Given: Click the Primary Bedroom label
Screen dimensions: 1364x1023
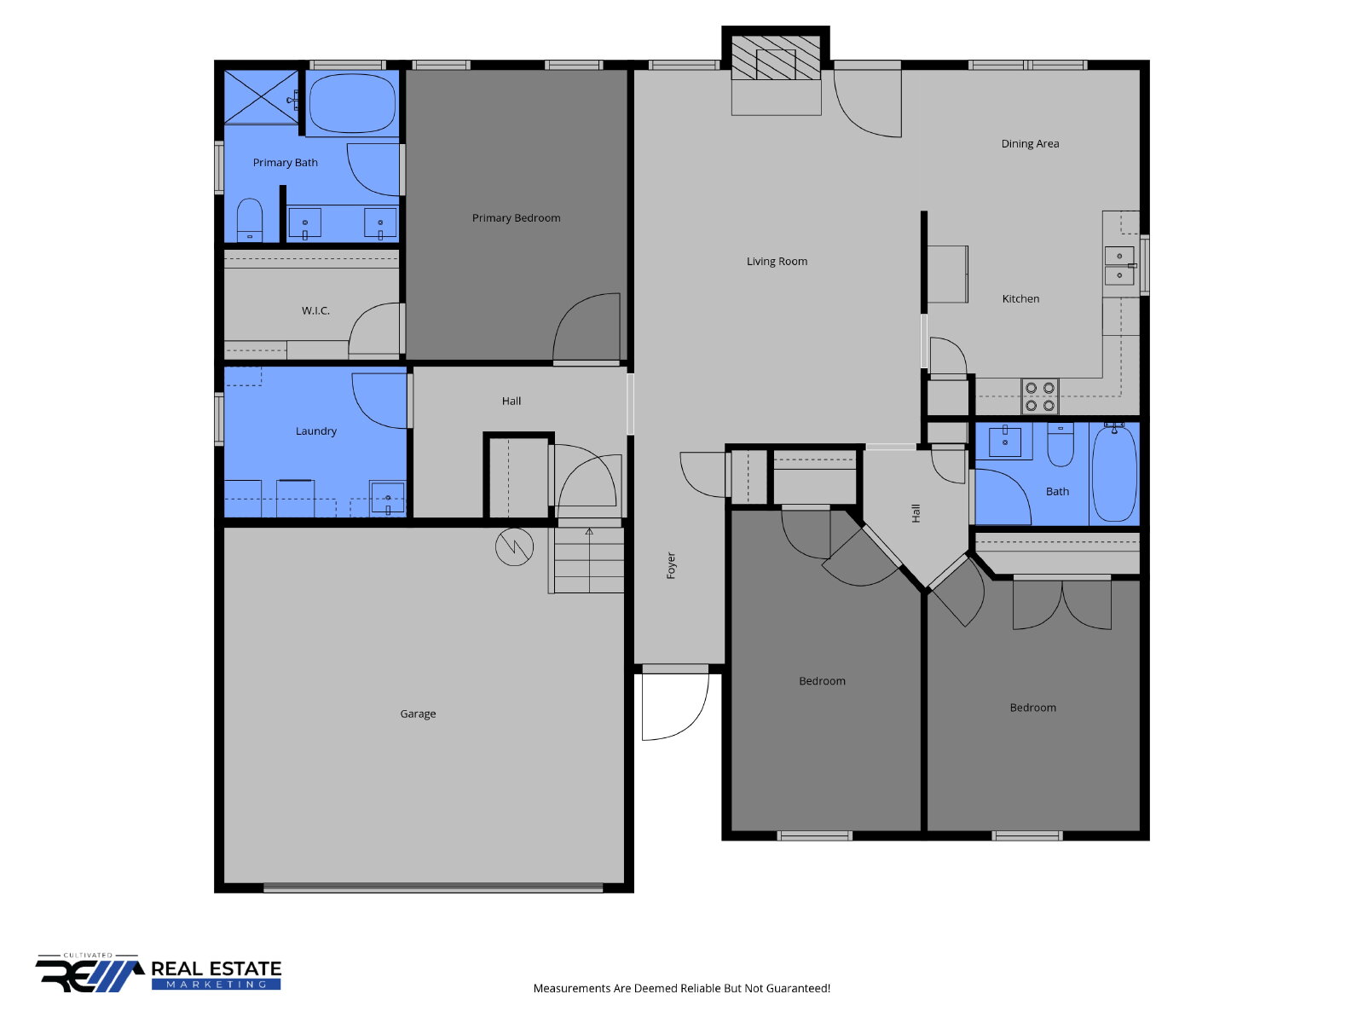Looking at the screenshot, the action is (516, 218).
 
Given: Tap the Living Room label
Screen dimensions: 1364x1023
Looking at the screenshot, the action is (777, 262).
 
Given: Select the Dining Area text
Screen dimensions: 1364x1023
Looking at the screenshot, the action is (1030, 143).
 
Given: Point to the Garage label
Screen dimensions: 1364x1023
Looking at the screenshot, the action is (418, 714).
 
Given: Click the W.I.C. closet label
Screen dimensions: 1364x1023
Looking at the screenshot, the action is (315, 310).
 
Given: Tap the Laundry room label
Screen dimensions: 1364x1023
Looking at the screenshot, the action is (315, 431).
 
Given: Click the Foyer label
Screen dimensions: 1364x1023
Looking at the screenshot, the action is (671, 565).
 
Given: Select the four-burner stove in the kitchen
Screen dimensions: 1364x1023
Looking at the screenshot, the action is (1039, 397).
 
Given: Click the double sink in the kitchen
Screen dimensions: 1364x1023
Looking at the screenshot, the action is (1119, 265).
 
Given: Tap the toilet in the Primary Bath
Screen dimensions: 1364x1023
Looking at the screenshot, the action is (250, 221).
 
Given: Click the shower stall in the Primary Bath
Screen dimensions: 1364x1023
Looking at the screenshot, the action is (261, 97).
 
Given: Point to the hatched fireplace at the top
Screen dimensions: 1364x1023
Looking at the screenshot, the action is (776, 58).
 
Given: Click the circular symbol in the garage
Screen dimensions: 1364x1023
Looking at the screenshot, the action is (514, 546).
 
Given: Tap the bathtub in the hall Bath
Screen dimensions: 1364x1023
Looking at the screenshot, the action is (1114, 472).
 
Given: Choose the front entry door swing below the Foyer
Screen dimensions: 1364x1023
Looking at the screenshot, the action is (675, 705).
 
